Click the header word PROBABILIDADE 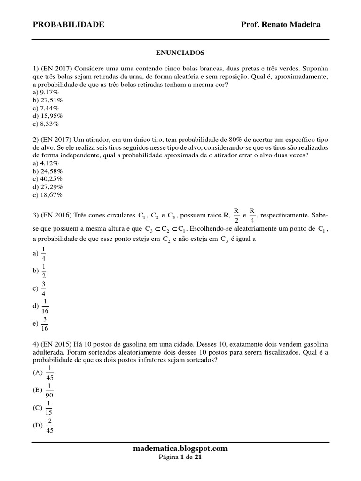69,24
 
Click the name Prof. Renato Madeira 281,24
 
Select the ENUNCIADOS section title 180,53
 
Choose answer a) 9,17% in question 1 46,93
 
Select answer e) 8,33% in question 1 46,124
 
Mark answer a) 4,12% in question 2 46,163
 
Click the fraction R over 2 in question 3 236,215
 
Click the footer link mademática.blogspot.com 180,449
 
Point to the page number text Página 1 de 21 180,457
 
